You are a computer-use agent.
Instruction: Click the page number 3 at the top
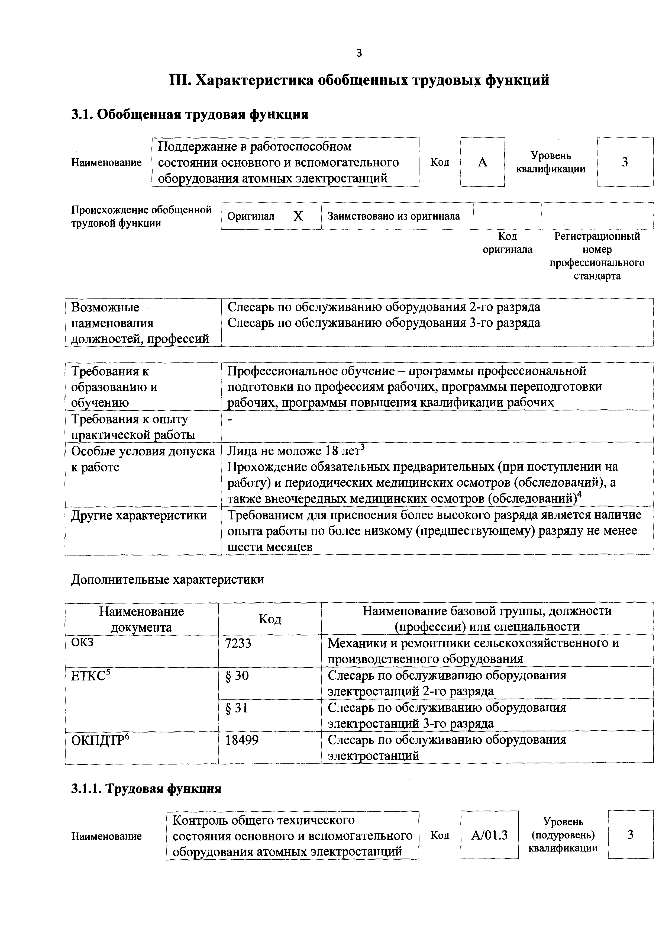click(x=359, y=53)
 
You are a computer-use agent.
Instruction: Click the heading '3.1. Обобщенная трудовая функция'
click(x=190, y=114)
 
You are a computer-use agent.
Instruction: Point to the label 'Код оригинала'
click(x=508, y=243)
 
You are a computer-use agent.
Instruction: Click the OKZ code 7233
click(x=238, y=643)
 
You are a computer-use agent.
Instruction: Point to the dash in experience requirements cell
click(x=230, y=420)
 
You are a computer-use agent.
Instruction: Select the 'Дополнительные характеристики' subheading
click(x=167, y=579)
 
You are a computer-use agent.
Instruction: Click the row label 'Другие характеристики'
click(x=139, y=516)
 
